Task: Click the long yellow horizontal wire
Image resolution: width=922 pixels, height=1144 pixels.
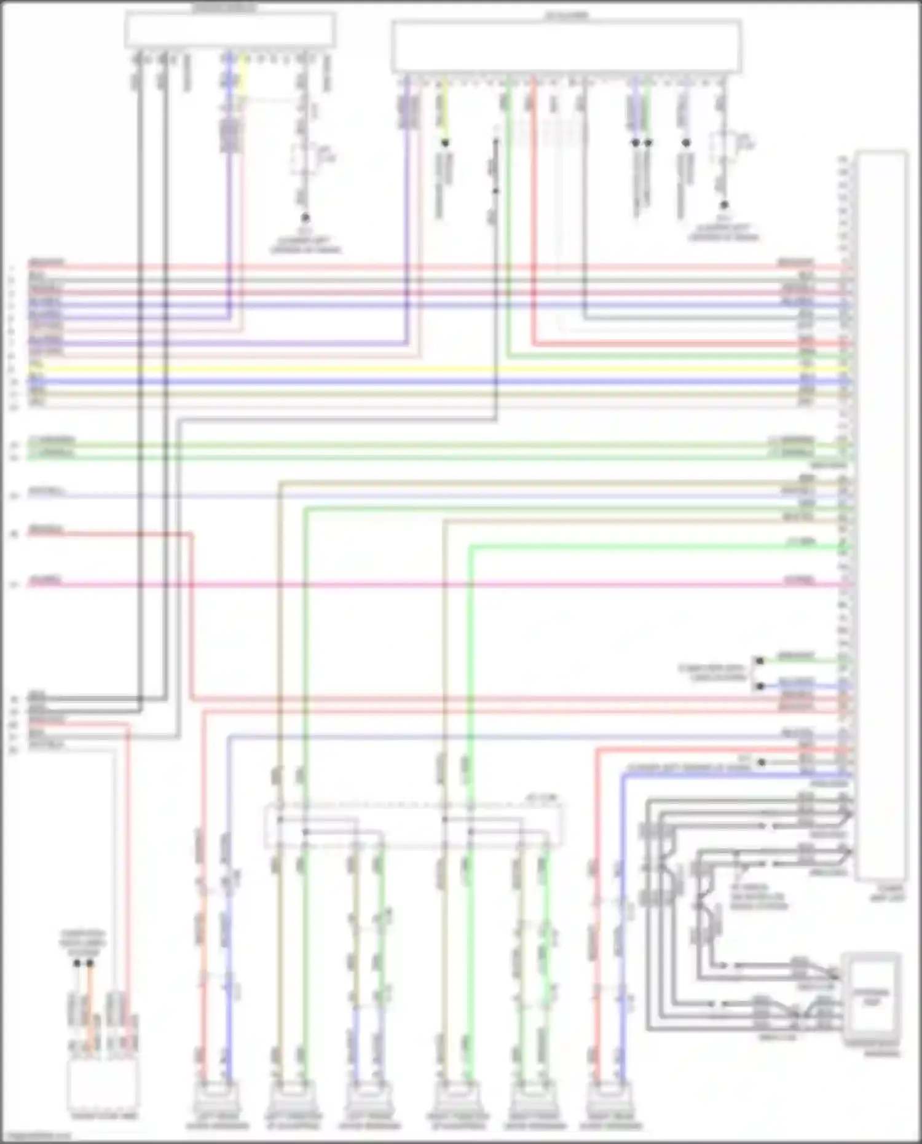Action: [430, 369]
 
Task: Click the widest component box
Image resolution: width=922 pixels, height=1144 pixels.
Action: [566, 47]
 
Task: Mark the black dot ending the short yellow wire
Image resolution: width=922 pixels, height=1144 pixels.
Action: [444, 143]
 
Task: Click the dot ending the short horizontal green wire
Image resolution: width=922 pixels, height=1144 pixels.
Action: [760, 661]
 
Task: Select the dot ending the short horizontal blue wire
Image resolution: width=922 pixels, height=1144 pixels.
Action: [760, 685]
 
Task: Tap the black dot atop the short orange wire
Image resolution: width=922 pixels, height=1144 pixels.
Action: [90, 964]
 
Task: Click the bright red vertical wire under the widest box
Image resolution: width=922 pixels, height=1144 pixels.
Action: [534, 209]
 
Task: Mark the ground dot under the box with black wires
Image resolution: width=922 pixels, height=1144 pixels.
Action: [305, 218]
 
